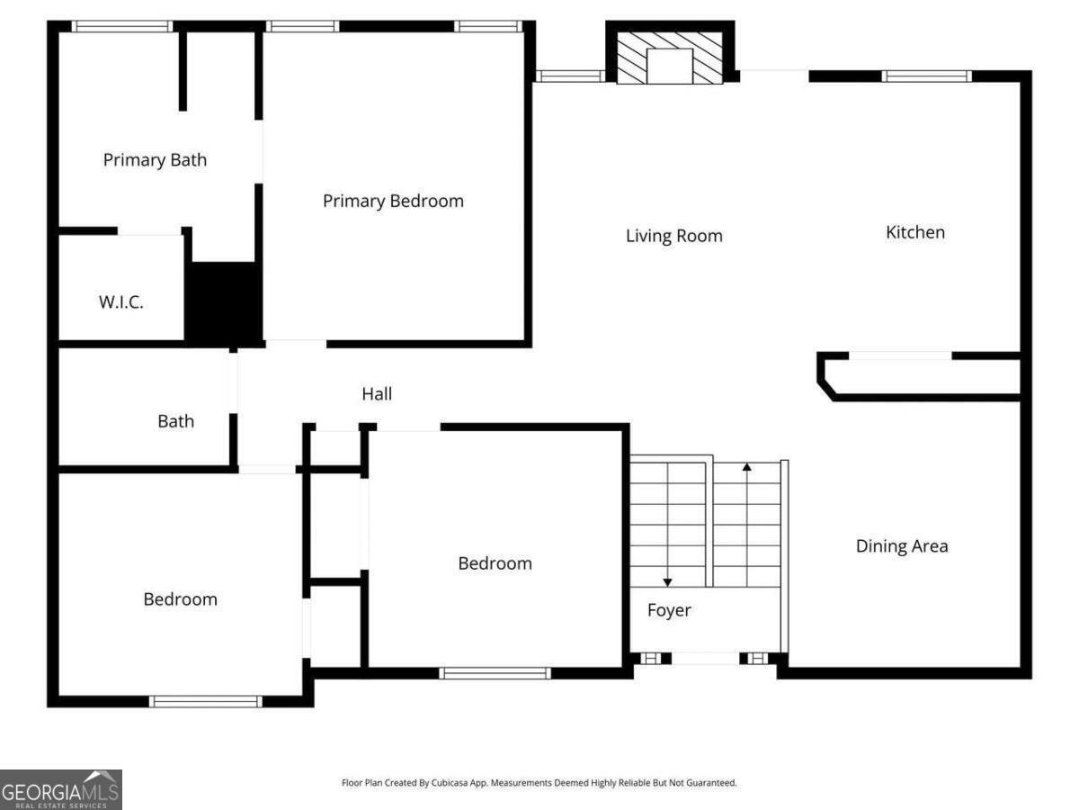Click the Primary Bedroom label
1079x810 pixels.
click(x=393, y=201)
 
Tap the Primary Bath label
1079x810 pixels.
click(x=155, y=160)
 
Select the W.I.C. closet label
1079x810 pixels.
click(x=120, y=302)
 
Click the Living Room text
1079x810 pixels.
click(x=673, y=236)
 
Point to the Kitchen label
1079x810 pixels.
click(x=915, y=232)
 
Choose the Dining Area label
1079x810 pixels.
click(x=901, y=546)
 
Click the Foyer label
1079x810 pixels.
click(x=669, y=610)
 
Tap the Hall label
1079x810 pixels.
click(x=377, y=394)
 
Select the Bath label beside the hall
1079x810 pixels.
click(x=175, y=421)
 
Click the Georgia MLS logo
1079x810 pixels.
click(x=60, y=789)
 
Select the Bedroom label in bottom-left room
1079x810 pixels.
click(x=180, y=599)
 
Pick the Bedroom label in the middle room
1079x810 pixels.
click(x=495, y=563)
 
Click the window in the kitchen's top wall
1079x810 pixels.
click(x=926, y=76)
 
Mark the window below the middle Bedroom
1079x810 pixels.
click(x=495, y=672)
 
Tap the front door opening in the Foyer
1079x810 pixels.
click(x=706, y=659)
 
